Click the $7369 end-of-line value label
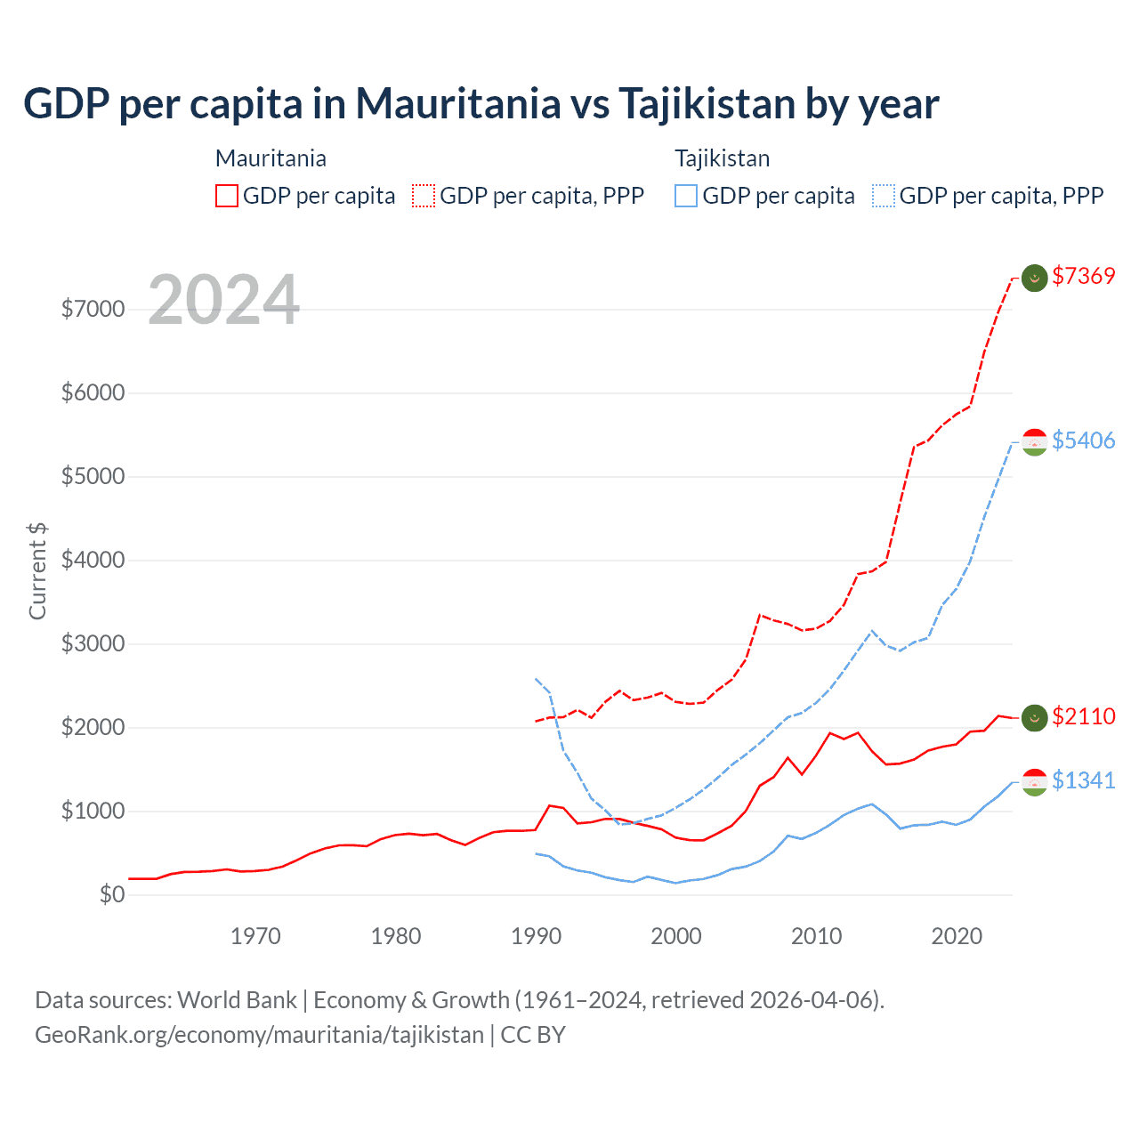click(x=1083, y=276)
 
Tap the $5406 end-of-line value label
click(x=1083, y=440)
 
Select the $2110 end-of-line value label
click(x=1083, y=716)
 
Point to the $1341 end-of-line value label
click(x=1083, y=780)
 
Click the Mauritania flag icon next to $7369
click(x=1034, y=278)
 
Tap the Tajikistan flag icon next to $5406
click(x=1034, y=442)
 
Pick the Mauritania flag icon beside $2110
click(x=1034, y=718)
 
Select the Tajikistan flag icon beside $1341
click(x=1034, y=782)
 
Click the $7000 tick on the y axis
click(x=93, y=309)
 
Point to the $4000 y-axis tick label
click(x=93, y=560)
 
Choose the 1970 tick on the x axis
click(x=255, y=936)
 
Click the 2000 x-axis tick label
click(x=676, y=936)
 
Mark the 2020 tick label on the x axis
click(x=957, y=936)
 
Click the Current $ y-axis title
click(x=37, y=571)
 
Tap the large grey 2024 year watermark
click(x=223, y=300)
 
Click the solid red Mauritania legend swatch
click(x=227, y=196)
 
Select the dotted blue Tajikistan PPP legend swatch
click(x=884, y=196)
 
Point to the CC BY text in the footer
click(x=533, y=1035)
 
